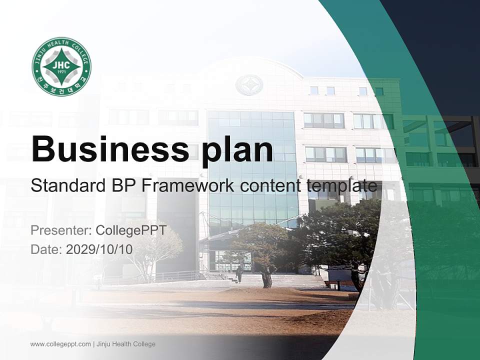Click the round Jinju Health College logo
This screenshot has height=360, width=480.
pos(61,66)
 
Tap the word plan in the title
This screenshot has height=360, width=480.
pos(238,149)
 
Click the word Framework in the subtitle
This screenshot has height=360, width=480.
pos(188,186)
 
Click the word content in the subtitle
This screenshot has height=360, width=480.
pos(270,186)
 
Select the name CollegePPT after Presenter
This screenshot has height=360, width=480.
pos(130,230)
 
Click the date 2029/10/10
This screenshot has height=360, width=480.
pos(99,249)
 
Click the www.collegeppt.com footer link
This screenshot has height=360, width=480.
pos(60,344)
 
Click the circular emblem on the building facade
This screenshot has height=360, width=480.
pos(249,85)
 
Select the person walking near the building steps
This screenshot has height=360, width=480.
pos(239,273)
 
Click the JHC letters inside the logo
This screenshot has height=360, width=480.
pos(61,64)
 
